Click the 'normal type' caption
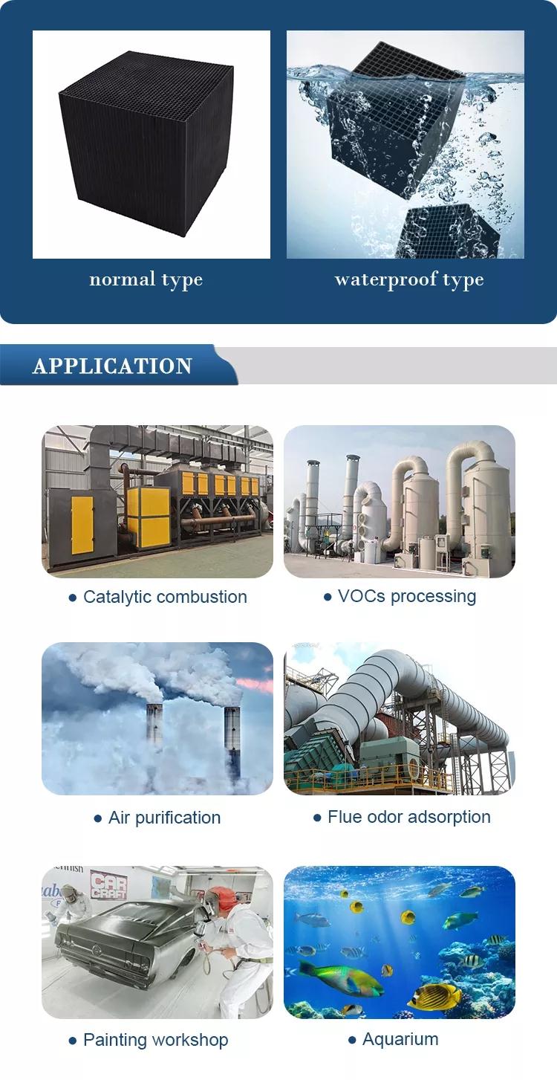pos(146,280)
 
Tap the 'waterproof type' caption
pos(409,280)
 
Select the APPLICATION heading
pos(112,366)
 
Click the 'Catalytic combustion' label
pos(165,597)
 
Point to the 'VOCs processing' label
pos(407,596)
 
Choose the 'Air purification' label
pos(164,818)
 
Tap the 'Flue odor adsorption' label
pos(408,817)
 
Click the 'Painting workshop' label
pos(156,1040)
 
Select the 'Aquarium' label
pos(400,1039)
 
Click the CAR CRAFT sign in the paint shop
pos(109,886)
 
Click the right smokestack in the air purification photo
pos(232,743)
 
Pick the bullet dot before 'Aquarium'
pos(352,1041)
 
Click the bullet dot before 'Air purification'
pos(98,818)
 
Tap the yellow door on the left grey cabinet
pos(82,525)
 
